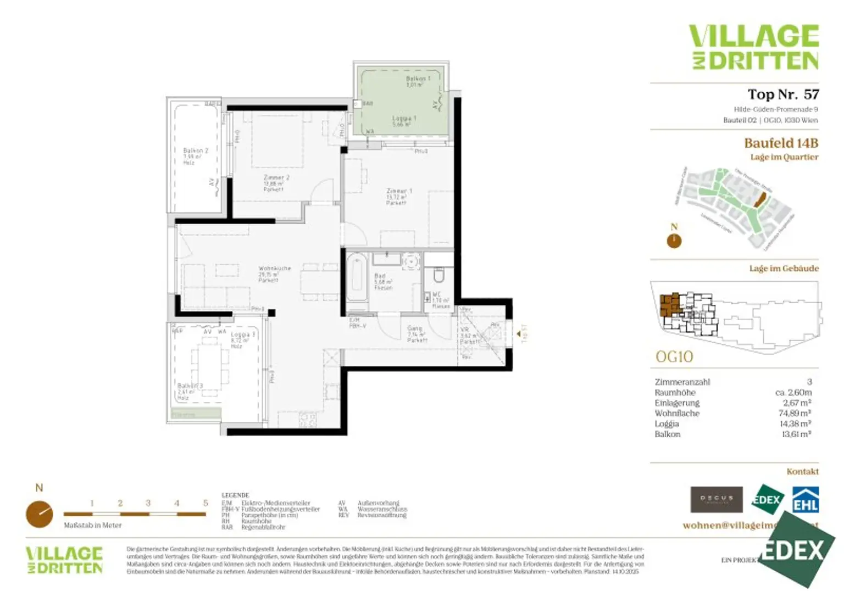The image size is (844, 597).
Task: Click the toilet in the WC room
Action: (439, 274)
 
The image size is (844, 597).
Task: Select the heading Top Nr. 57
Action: (782, 94)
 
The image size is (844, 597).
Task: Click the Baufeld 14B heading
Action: (781, 143)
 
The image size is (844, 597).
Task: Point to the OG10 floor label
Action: (674, 357)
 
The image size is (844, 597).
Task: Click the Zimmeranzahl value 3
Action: (809, 382)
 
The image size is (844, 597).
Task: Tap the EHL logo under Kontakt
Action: (806, 500)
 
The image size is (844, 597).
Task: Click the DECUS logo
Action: (716, 499)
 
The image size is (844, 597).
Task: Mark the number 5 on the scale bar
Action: (206, 503)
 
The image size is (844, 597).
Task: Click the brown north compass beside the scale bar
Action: (40, 514)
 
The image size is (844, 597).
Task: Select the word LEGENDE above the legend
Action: (235, 495)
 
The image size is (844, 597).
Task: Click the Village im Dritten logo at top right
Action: (754, 47)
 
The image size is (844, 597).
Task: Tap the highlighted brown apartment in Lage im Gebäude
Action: (670, 305)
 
